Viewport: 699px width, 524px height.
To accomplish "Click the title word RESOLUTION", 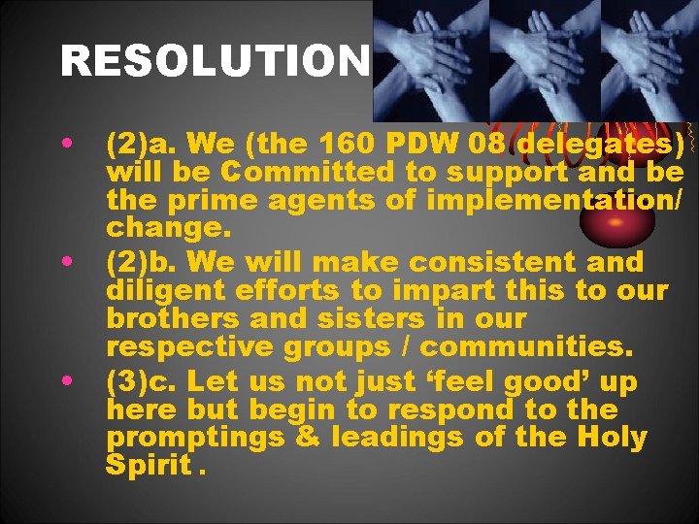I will [x=215, y=63].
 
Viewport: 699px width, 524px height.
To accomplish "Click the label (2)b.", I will [x=147, y=262].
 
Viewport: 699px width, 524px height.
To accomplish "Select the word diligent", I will [x=163, y=289].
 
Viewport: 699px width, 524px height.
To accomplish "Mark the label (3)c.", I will [x=146, y=382].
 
